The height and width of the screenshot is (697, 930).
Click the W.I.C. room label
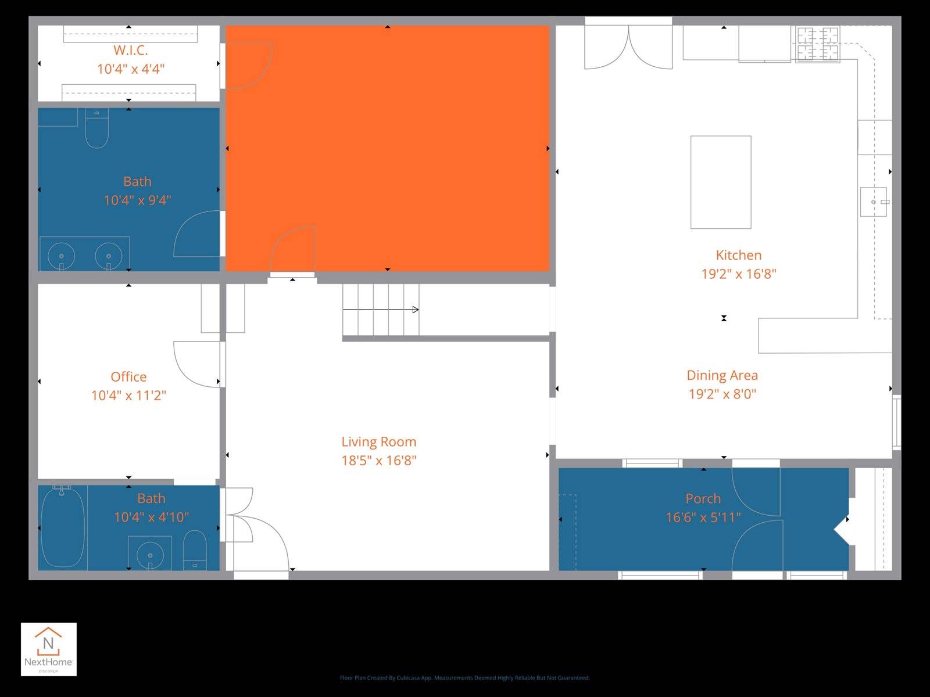(x=130, y=51)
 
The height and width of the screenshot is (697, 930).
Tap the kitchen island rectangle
(x=721, y=182)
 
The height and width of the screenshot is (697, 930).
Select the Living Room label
(x=378, y=442)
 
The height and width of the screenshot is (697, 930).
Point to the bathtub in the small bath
(x=62, y=527)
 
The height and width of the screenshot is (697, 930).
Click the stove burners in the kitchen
(x=818, y=44)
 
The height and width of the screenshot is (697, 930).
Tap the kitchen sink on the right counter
(x=874, y=202)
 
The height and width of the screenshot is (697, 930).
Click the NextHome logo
(x=49, y=649)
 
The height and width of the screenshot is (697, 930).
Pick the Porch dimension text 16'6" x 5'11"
(x=703, y=517)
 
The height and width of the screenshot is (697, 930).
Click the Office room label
(x=128, y=377)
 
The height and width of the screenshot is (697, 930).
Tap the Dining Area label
(x=722, y=375)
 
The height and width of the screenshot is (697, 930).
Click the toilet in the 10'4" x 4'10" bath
(x=195, y=551)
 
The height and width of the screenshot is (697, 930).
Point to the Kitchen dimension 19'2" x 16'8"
(x=738, y=274)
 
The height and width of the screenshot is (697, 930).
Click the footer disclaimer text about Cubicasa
(x=464, y=678)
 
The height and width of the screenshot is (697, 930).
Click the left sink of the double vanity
(x=61, y=255)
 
